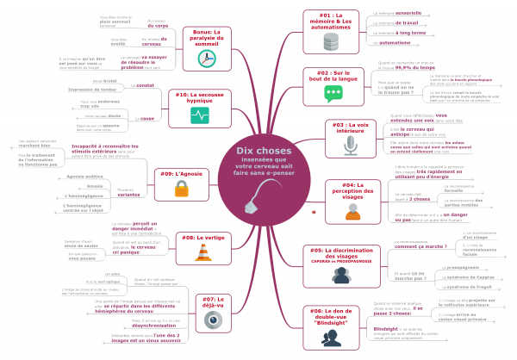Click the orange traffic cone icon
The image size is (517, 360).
tap(204, 252)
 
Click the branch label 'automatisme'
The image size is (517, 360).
tap(396, 42)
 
